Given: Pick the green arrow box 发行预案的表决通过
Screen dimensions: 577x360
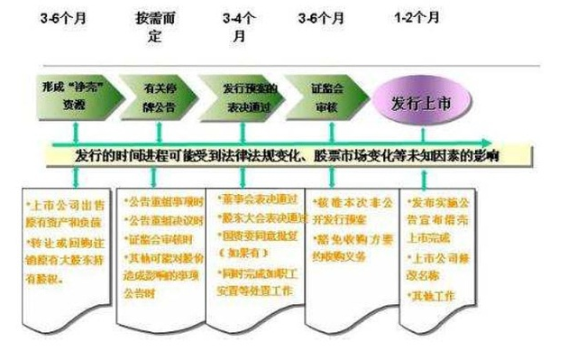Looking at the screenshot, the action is pos(248,97).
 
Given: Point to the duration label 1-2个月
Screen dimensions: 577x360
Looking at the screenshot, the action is pos(420,18).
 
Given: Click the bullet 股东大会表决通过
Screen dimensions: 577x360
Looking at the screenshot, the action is pos(259,217).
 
